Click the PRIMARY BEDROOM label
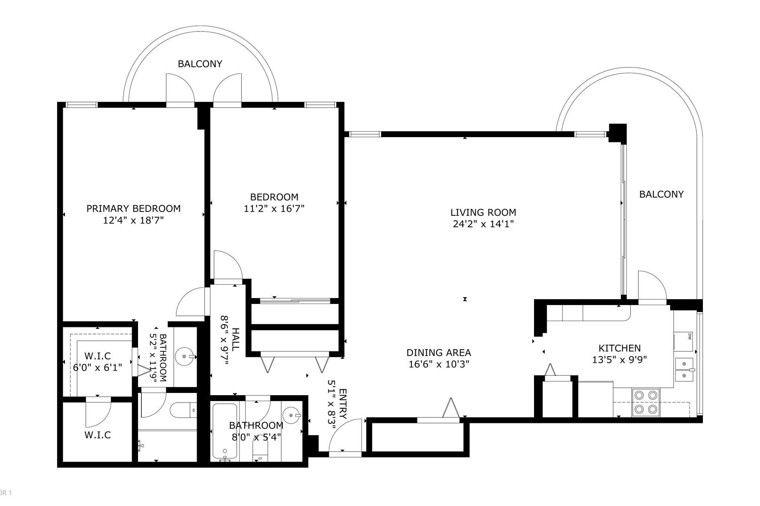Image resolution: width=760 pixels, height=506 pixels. point(134,208)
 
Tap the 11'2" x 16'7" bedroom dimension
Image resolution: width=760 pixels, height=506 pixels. point(274,208)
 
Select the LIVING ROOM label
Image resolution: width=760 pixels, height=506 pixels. point(483,212)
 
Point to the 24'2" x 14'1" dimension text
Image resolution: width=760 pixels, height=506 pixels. point(483,224)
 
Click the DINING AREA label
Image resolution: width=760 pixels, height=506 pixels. point(439,352)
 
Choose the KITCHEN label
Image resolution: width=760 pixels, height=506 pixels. point(619,348)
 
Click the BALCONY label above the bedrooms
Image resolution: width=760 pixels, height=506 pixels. point(200,64)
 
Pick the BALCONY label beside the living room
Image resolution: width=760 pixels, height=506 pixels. point(661,194)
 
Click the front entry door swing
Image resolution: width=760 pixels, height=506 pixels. point(345,435)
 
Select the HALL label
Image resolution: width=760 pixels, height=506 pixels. point(236,339)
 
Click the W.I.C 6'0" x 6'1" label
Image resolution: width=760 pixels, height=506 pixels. point(98,361)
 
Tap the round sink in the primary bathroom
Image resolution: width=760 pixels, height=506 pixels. point(184,357)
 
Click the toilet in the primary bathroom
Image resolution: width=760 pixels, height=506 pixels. point(183,410)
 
